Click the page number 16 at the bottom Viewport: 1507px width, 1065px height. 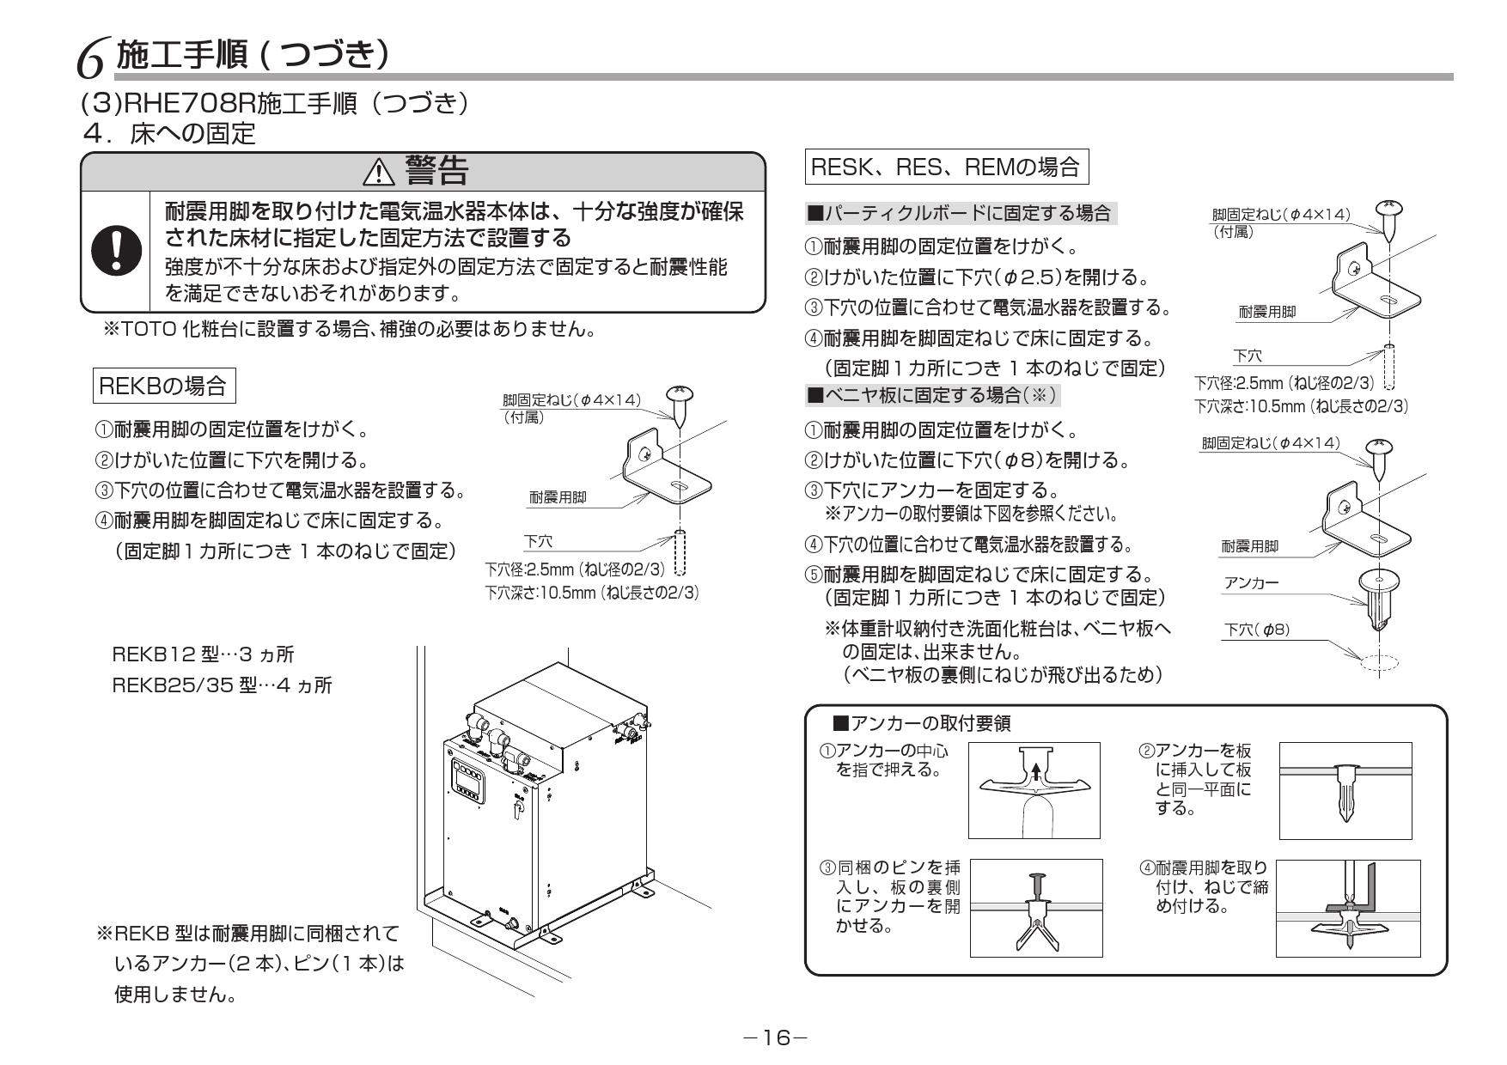[776, 1038]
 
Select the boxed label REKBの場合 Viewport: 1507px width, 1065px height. [163, 386]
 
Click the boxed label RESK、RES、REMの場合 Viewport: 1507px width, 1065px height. [945, 167]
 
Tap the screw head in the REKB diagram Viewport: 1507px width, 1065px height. [679, 396]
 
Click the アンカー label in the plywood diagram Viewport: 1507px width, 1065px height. [1250, 583]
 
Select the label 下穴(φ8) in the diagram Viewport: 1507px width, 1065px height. [1256, 630]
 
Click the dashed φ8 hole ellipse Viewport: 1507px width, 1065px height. [1379, 661]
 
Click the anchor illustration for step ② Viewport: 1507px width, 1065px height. [1345, 790]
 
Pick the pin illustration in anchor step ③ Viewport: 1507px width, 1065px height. [1036, 891]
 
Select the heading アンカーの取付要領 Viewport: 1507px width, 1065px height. [921, 724]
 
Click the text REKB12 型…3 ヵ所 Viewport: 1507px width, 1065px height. [204, 655]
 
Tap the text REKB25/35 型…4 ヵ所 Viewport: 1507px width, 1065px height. [223, 685]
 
